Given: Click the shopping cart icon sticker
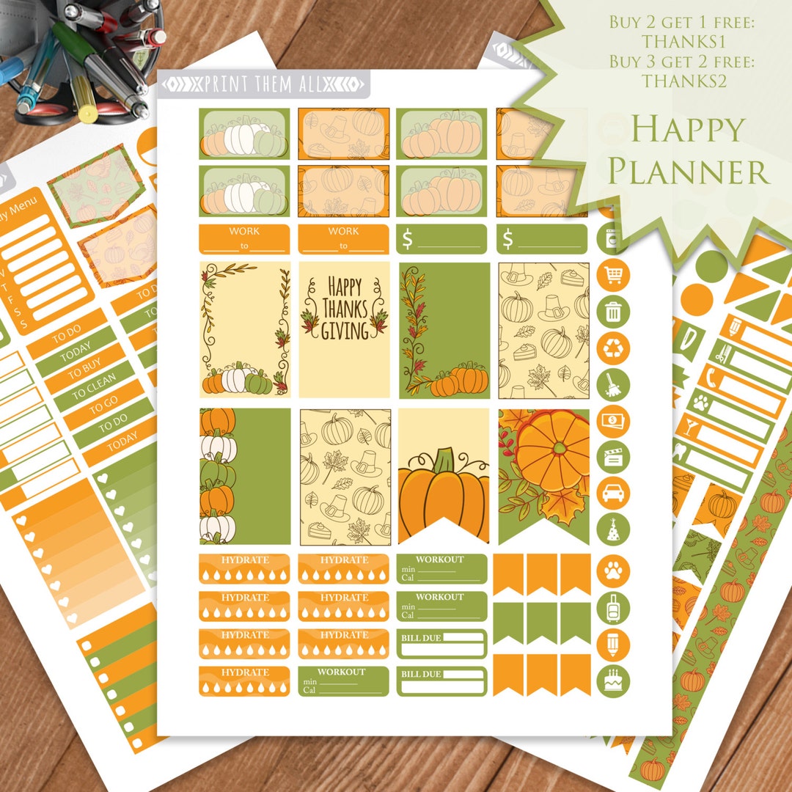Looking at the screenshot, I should pos(613,276).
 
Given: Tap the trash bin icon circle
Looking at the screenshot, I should pos(613,312).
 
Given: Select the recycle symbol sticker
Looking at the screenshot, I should pos(613,348).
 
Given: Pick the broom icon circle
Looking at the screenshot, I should pos(613,384).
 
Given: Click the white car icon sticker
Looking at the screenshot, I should pos(613,492).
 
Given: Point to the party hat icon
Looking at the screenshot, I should pos(613,528).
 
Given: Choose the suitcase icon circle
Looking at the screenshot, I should pos(613,606).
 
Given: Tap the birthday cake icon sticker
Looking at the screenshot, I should pos(613,681).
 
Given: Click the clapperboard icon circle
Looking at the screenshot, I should pos(613,456).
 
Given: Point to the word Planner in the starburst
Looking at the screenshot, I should pos(689,171).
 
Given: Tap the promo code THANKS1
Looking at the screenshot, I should pos(683,42).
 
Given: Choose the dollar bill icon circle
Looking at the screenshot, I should pos(613,420).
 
